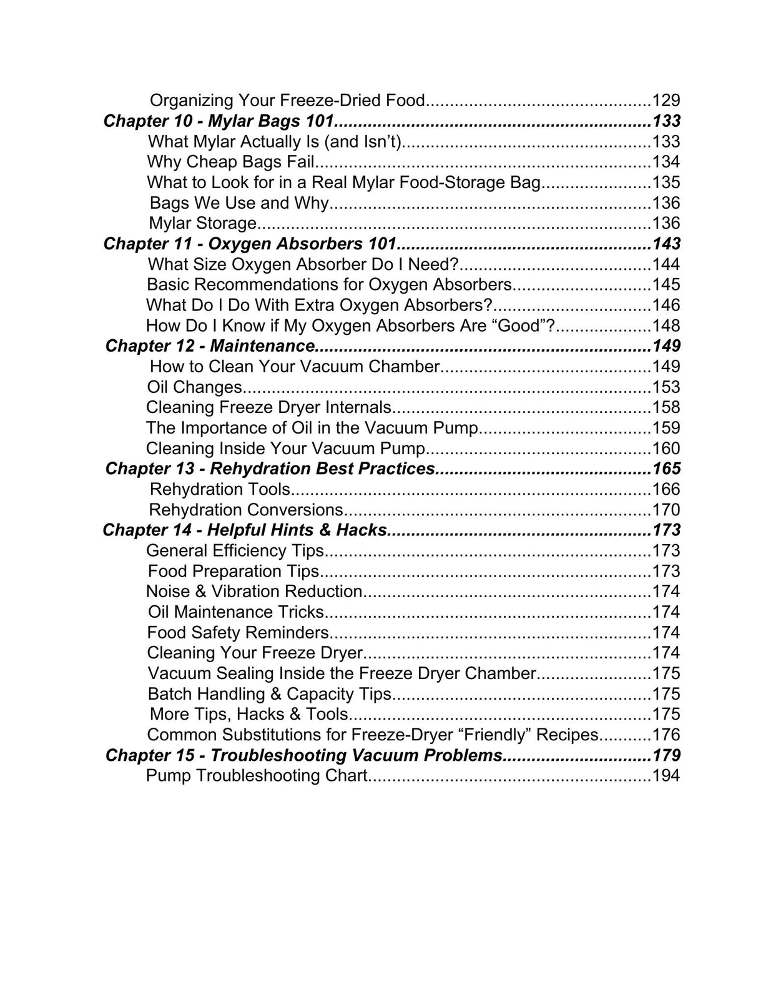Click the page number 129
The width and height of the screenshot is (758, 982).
point(666,100)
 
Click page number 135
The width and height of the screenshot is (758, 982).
point(666,182)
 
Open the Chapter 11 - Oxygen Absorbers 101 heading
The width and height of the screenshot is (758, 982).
point(250,244)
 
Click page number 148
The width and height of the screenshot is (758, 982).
point(666,325)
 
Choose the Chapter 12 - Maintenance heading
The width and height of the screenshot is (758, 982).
point(210,346)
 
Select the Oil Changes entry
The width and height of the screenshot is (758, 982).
point(194,387)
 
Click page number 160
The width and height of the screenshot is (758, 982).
point(666,449)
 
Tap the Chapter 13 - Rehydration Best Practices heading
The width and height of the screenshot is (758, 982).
point(270,469)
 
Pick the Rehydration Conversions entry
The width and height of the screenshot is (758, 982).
point(246,510)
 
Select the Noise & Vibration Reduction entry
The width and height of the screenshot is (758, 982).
point(254,592)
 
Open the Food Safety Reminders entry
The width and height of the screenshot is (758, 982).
point(238,633)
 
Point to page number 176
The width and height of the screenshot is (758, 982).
point(666,735)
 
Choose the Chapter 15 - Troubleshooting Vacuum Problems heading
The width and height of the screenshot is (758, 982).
point(303,755)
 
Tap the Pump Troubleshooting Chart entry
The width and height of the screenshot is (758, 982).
point(256,776)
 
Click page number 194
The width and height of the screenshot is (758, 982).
point(666,776)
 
